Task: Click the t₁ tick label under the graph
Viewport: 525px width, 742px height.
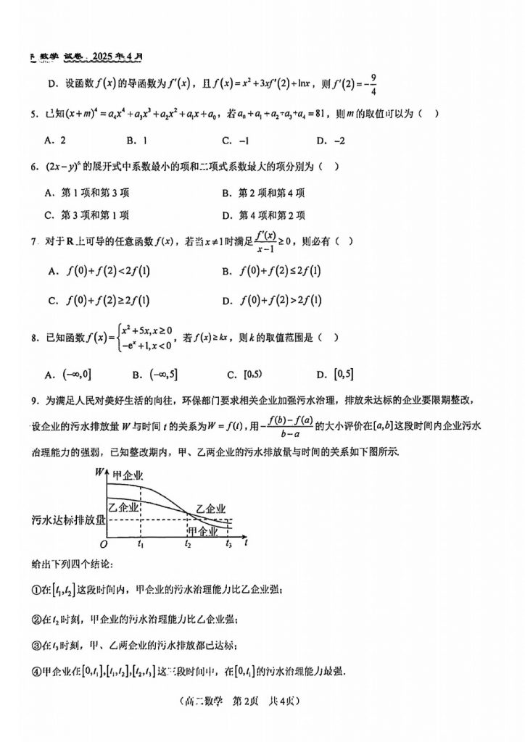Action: [141, 543]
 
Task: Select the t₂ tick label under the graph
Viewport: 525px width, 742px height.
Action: [188, 543]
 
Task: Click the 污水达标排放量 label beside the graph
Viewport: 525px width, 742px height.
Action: [67, 519]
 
